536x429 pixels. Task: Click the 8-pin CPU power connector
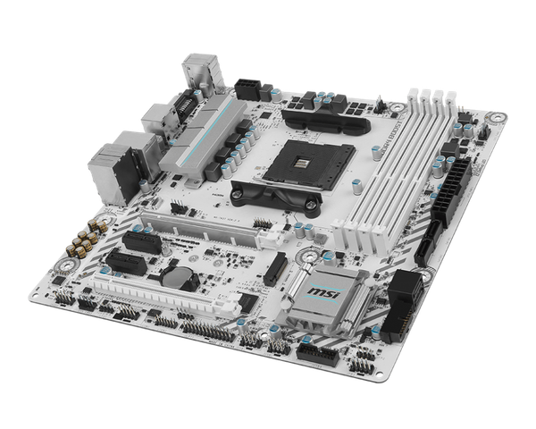[x=250, y=88]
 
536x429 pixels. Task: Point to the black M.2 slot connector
[x=278, y=265]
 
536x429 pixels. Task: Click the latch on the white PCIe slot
[x=268, y=237]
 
